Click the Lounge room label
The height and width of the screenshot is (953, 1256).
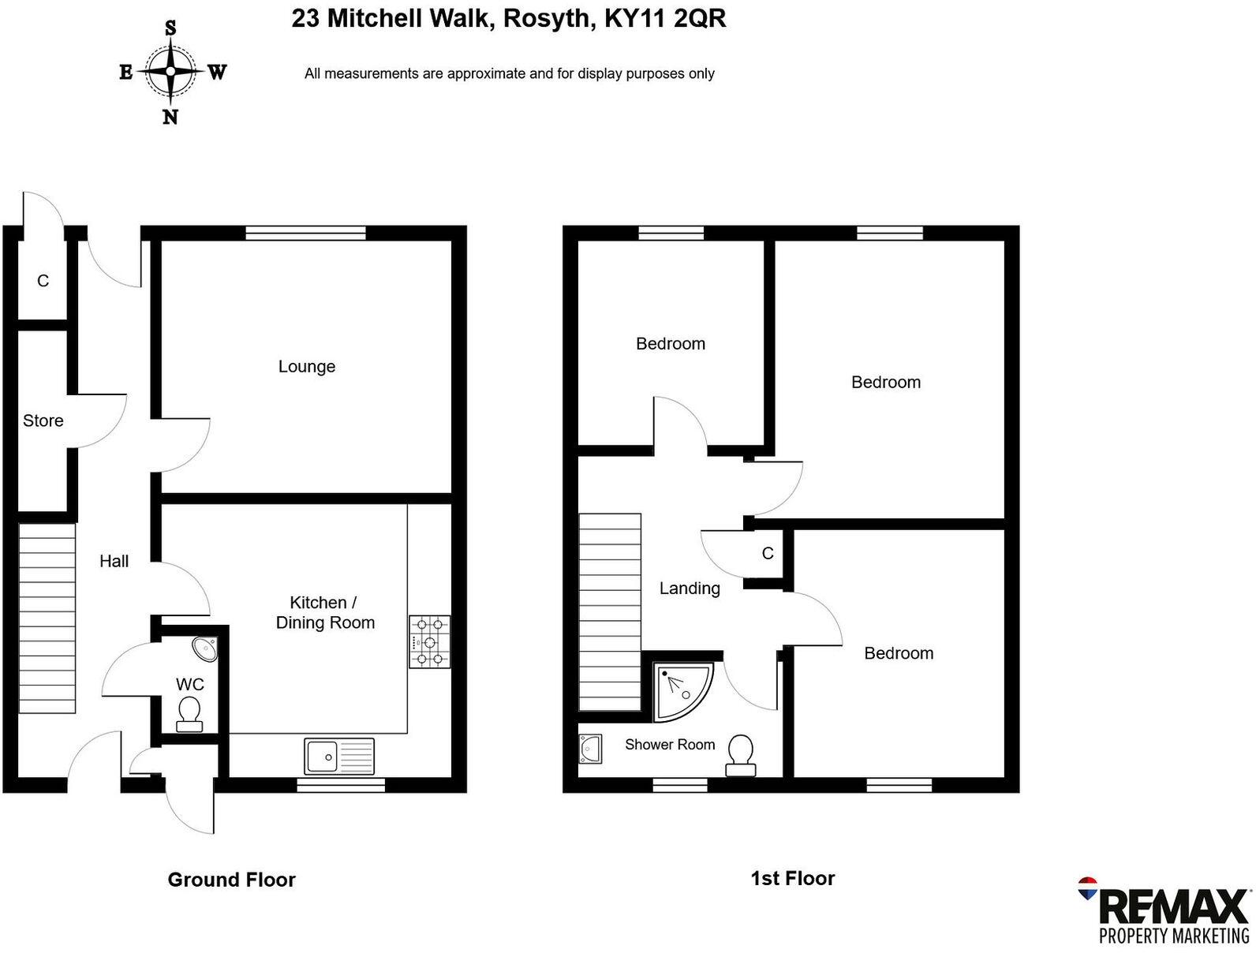pos(307,366)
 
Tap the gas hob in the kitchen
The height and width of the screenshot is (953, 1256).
pos(429,641)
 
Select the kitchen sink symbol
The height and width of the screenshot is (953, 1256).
pos(339,756)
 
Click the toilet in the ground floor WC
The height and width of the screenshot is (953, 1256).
pos(189,713)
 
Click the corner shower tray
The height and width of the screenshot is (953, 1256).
pos(680,690)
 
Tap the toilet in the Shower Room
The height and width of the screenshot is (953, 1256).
pos(740,753)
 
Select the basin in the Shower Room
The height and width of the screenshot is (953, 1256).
pos(590,749)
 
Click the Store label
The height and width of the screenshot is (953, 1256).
pos(43,420)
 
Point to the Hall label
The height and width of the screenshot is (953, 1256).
pos(114,561)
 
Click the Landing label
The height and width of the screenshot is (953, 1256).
pos(690,588)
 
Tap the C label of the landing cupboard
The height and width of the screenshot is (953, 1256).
pos(768,553)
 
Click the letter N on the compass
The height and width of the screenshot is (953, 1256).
pos(170,118)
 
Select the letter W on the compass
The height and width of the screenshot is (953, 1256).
pos(218,73)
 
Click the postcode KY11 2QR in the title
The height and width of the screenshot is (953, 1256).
pos(665,18)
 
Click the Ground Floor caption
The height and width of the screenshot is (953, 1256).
pos(231,880)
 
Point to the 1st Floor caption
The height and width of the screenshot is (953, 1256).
pos(792,878)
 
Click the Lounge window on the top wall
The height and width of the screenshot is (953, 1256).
pos(305,232)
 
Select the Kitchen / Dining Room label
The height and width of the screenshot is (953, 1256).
pos(325,612)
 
